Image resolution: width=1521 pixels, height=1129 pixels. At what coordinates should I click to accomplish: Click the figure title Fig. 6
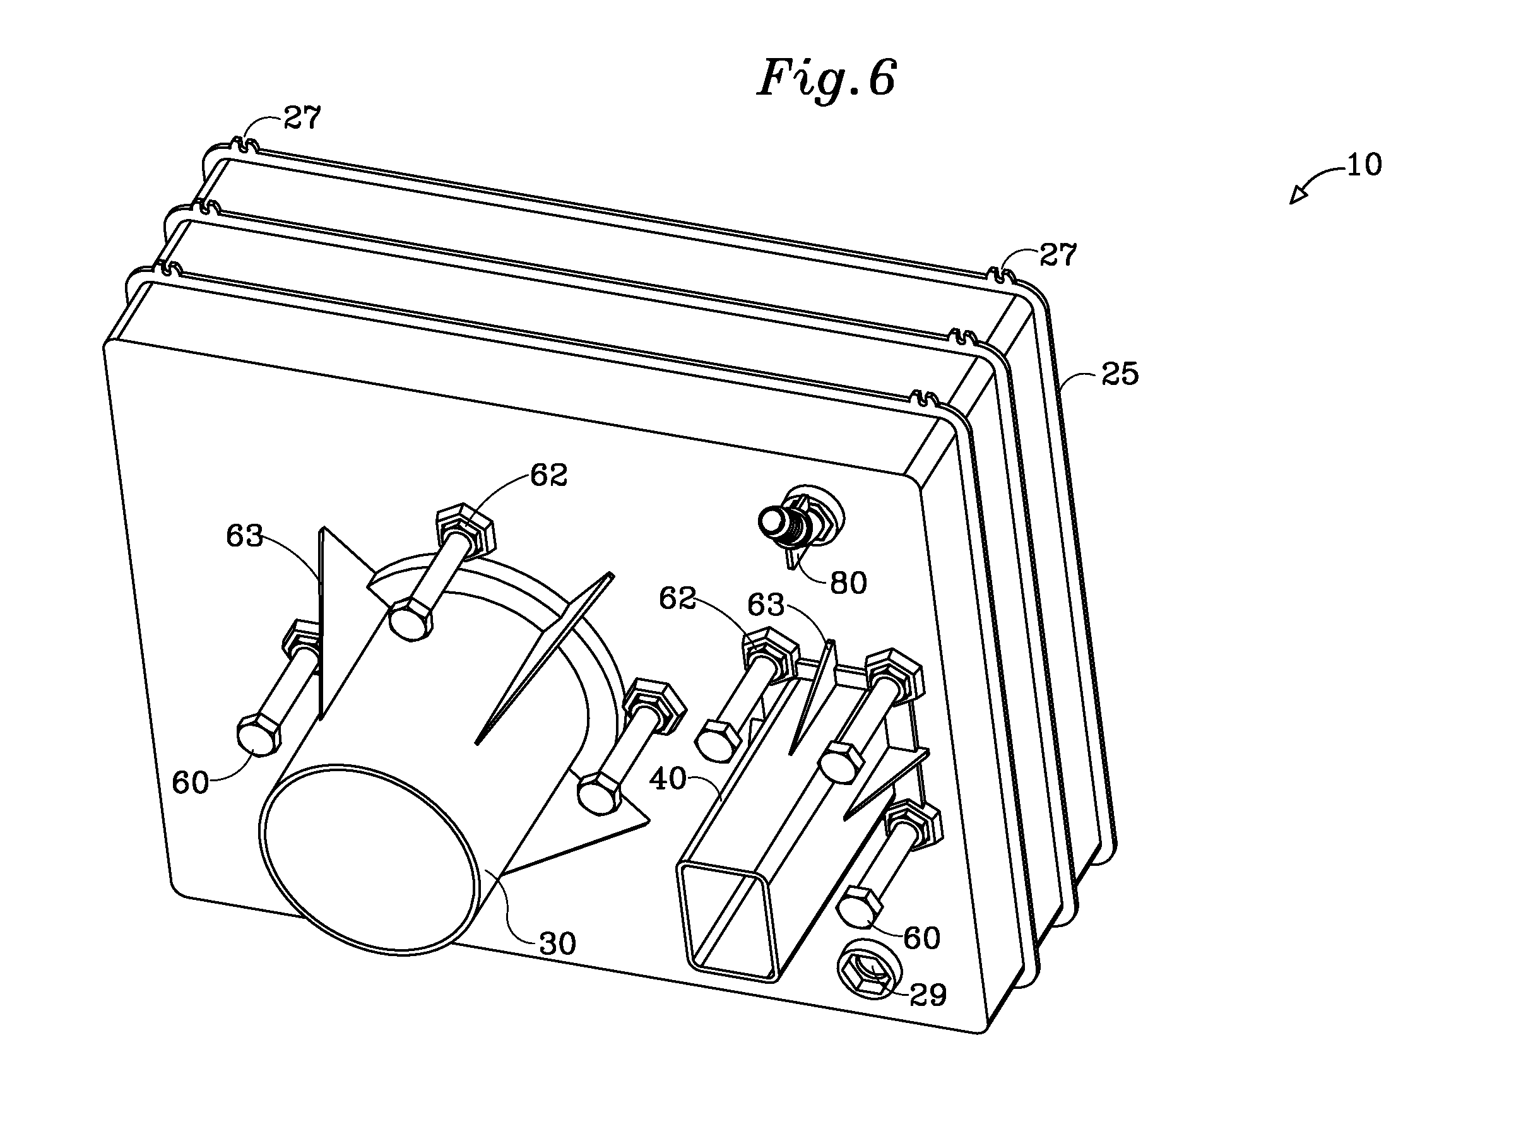coord(826,80)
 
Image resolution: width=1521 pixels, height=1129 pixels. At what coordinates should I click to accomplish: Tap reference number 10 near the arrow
coord(1364,165)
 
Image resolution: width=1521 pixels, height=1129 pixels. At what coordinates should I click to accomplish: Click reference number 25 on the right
coord(1120,374)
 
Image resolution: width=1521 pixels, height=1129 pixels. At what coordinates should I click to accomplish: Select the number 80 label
coord(848,583)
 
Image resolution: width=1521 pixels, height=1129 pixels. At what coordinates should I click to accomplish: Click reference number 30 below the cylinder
coord(557,944)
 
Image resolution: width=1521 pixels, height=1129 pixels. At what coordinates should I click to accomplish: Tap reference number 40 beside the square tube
coord(668,778)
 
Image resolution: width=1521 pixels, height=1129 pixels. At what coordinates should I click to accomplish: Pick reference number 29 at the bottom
coord(928,995)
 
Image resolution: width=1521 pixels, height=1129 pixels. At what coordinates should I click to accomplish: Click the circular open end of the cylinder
coord(369,858)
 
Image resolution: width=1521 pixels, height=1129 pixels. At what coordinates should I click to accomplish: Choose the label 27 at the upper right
coord(1058,254)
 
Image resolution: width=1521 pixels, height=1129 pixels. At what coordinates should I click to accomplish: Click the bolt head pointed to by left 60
coord(258,735)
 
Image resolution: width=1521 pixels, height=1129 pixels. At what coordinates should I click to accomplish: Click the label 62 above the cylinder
coord(548,476)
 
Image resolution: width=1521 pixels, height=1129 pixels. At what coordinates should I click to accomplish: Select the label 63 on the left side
coord(245,536)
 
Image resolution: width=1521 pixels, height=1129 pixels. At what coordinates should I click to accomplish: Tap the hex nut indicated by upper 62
coord(465,528)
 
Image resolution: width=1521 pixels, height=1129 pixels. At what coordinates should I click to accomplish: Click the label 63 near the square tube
coord(766,605)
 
